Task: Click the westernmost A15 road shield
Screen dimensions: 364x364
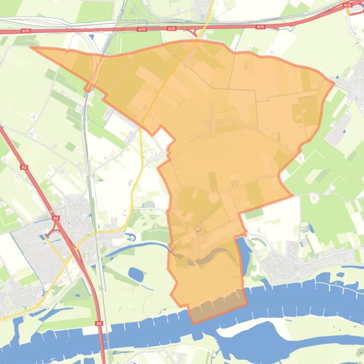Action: [26, 31]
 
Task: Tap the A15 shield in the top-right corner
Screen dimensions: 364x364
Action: [347, 5]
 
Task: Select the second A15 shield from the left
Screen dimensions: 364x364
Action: [141, 29]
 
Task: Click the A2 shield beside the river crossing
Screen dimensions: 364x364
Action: [99, 323]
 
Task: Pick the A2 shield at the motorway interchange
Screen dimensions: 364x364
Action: [55, 218]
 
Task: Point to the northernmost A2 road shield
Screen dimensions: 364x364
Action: [23, 167]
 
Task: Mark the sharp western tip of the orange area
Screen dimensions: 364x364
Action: [31, 47]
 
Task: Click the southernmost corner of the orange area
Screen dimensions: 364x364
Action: [193, 324]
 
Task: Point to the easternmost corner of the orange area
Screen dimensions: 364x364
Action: [334, 84]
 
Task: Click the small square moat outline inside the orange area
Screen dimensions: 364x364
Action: [199, 230]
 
